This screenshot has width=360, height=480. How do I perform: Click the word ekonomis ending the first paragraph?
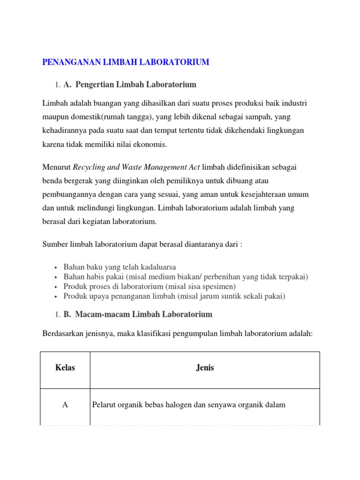(151, 145)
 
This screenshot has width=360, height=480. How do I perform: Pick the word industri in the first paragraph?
(293, 103)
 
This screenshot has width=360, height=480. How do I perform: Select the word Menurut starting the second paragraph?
(56, 167)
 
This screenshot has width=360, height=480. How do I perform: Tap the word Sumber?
(55, 244)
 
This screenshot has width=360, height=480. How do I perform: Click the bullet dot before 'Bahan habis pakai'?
(56, 277)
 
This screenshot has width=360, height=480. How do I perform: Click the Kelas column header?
(65, 368)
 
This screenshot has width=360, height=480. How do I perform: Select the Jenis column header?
(205, 368)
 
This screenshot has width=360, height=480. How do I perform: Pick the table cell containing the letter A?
(65, 405)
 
